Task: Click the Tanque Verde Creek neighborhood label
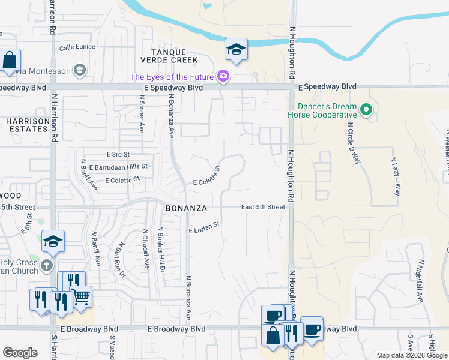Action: pos(169,56)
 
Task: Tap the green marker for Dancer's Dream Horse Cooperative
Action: pos(366,110)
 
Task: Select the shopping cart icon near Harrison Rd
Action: pos(81,295)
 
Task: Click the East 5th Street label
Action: pos(263,207)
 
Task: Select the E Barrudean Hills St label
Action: pos(118,166)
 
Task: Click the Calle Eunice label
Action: pos(77,47)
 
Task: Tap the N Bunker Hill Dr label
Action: pos(161,248)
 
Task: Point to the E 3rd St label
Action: pos(118,155)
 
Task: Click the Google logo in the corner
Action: pos(20,353)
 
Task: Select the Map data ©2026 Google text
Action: pos(411,355)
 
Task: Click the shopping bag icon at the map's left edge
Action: pos(10,61)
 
